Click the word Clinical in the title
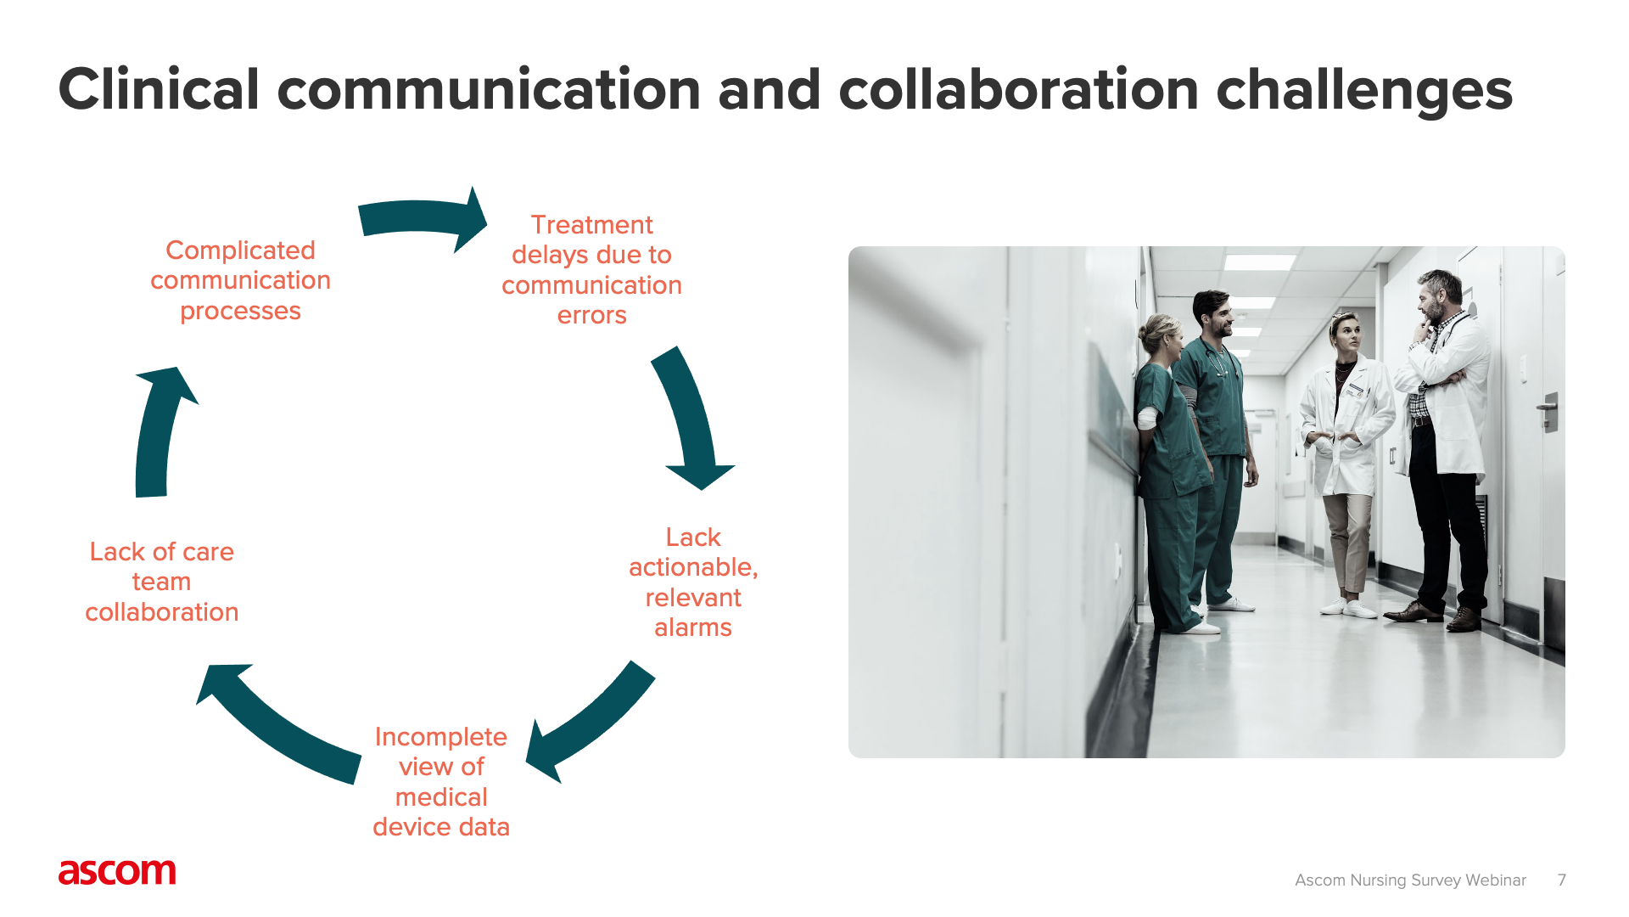point(159,90)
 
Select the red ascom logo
point(117,872)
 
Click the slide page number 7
point(1561,880)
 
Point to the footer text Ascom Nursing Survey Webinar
point(1410,880)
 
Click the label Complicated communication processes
point(240,280)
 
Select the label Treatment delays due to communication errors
point(591,270)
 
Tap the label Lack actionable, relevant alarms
point(693,582)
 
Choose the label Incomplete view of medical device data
point(441,782)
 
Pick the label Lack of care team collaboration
point(161,582)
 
